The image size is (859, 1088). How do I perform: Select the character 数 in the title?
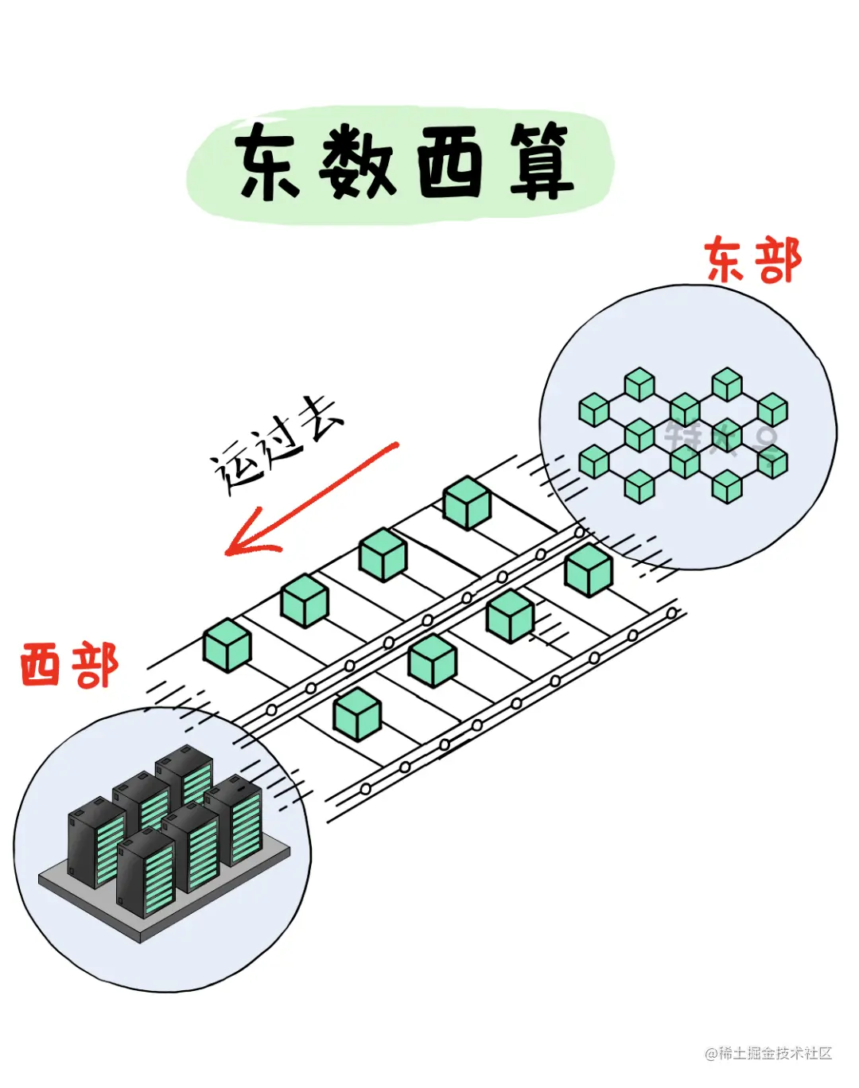(358, 163)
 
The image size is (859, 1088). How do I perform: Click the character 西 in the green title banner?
(450, 163)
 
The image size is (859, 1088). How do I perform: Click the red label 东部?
(752, 261)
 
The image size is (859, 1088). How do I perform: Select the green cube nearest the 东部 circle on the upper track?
(467, 503)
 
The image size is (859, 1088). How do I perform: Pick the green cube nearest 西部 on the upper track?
(227, 645)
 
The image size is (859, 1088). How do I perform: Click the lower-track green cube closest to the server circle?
(357, 713)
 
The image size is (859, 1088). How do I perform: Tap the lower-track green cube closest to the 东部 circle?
(589, 570)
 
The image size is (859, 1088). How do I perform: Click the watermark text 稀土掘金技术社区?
(775, 1053)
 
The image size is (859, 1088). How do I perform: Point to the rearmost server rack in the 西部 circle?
(185, 774)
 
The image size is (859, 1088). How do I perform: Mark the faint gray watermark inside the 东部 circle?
(720, 437)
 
